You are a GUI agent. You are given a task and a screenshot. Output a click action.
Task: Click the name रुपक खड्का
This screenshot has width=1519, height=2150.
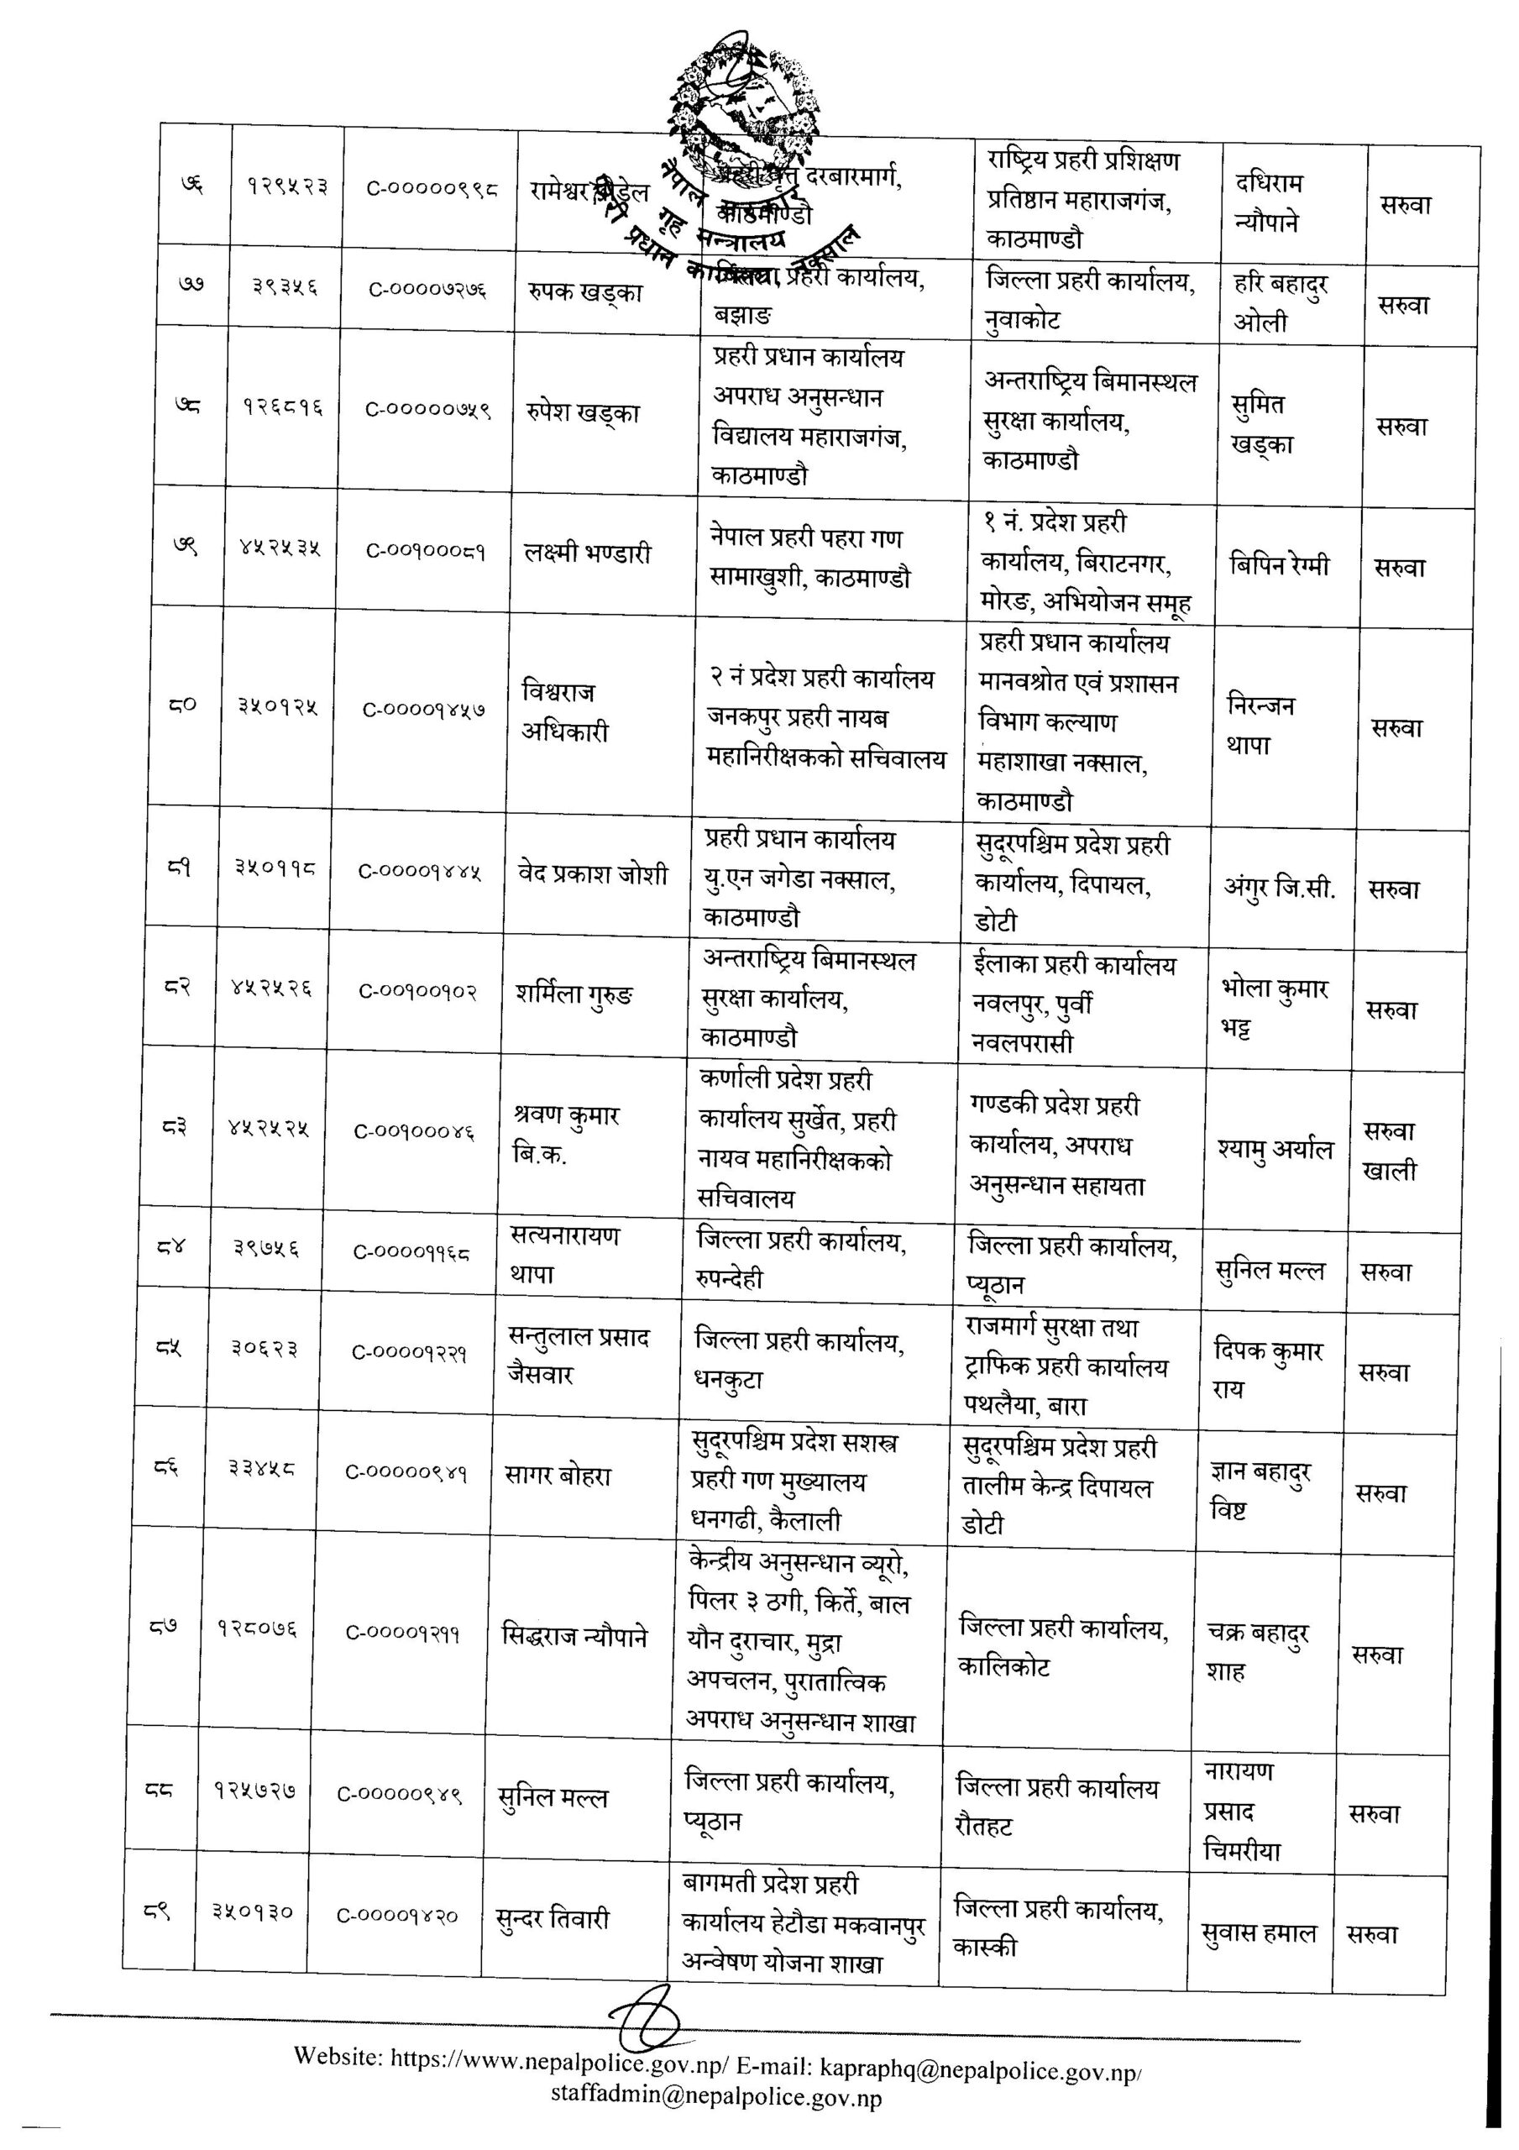coord(584,292)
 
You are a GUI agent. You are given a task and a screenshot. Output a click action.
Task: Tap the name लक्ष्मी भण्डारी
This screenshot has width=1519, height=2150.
coord(587,553)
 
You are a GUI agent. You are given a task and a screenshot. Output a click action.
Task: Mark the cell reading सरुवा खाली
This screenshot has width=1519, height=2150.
coord(1390,1151)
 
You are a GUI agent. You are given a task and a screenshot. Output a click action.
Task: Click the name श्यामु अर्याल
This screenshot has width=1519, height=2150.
coord(1275,1149)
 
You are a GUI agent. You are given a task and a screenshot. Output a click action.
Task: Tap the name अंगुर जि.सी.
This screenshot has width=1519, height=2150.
coord(1279,887)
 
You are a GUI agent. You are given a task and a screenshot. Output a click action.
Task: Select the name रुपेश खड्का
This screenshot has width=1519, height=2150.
coord(583,413)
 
